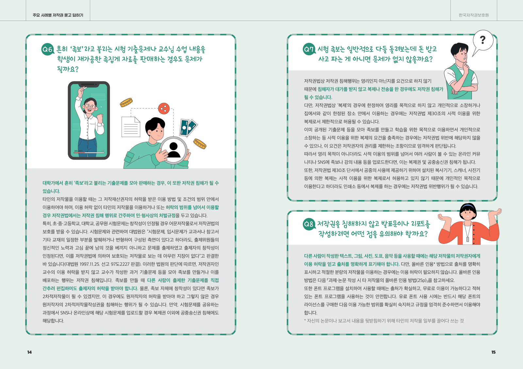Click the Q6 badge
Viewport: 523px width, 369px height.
click(x=48, y=49)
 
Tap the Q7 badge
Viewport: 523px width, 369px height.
click(x=309, y=49)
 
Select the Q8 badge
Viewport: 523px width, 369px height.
click(x=309, y=224)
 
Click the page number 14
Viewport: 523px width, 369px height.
click(x=29, y=352)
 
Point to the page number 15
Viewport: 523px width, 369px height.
click(x=493, y=352)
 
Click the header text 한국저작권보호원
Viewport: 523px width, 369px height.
click(x=474, y=15)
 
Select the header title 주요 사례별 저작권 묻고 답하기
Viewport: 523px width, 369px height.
click(x=58, y=15)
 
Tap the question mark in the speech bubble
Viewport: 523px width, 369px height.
click(x=482, y=40)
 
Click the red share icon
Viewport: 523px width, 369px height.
click(x=164, y=109)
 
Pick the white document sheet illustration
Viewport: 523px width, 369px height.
click(x=131, y=127)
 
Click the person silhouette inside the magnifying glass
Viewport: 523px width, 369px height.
click(x=173, y=150)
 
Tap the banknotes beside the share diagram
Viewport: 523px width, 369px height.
click(x=188, y=127)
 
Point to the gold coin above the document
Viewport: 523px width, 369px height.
click(x=126, y=102)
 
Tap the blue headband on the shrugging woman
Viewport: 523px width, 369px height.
click(x=468, y=206)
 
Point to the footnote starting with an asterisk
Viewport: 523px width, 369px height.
click(x=384, y=321)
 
